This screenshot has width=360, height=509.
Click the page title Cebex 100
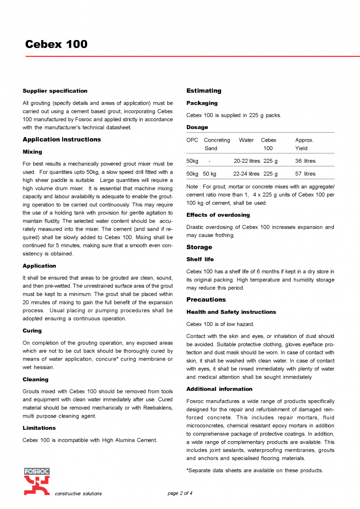click(x=56, y=44)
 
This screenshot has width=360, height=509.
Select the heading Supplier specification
click(x=55, y=91)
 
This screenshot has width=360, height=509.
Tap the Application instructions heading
click(x=62, y=139)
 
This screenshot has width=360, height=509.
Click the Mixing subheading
click(x=32, y=152)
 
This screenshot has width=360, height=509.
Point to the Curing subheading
click(x=32, y=331)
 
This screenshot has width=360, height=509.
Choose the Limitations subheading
click(x=39, y=428)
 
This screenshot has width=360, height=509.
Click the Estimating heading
click(x=204, y=91)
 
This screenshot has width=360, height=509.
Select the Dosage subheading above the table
click(x=197, y=127)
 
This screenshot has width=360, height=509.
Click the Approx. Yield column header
click(x=304, y=144)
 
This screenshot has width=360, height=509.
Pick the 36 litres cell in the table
click(x=305, y=161)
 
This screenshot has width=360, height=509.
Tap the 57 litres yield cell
click(x=305, y=174)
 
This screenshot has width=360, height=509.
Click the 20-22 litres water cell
click(x=247, y=161)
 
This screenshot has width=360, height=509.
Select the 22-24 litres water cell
click(x=246, y=174)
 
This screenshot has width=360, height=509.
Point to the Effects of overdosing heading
click(x=218, y=215)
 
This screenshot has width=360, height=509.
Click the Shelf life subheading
click(x=200, y=259)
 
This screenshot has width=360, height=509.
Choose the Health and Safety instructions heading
click(x=231, y=312)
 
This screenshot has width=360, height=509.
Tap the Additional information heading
click(x=220, y=389)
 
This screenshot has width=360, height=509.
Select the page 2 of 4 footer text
click(x=180, y=493)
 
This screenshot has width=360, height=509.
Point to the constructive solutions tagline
click(x=78, y=494)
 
